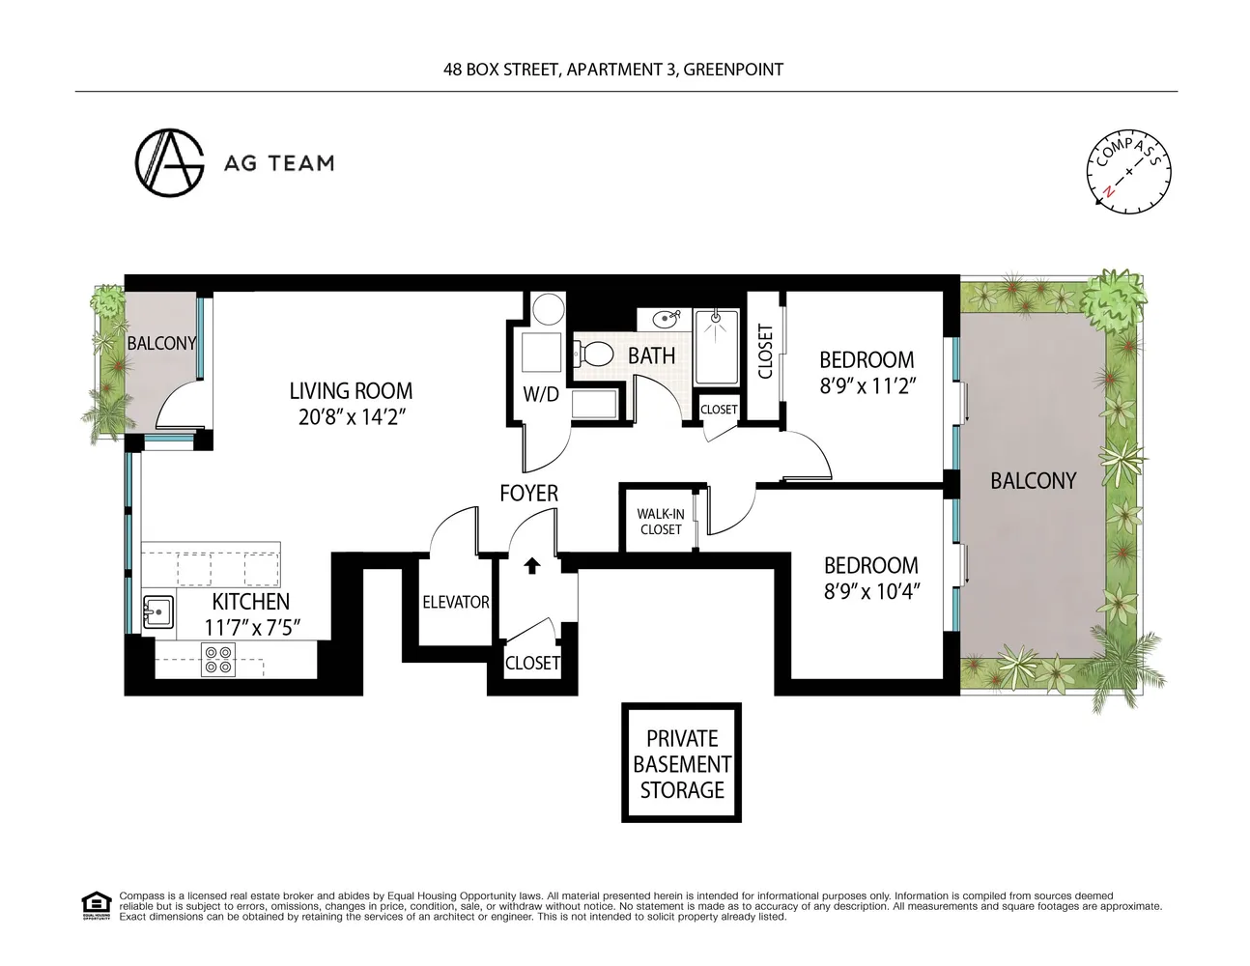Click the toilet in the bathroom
[x=593, y=354]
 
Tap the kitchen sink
[x=158, y=611]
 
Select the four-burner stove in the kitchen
[x=218, y=660]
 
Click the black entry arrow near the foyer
[x=532, y=566]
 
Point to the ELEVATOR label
[x=456, y=602]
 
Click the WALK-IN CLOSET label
[x=661, y=522]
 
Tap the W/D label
[x=541, y=394]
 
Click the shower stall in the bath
[x=716, y=347]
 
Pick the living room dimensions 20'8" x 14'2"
[x=352, y=417]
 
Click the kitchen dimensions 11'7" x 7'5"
[x=252, y=627]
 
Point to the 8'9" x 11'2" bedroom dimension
[x=867, y=385]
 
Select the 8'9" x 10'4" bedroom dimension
[x=872, y=591]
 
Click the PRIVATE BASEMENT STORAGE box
[x=682, y=762]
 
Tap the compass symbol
[x=1128, y=172]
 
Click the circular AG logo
[x=169, y=162]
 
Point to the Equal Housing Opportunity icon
[x=96, y=906]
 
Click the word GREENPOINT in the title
[x=733, y=70]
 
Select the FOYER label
[x=528, y=494]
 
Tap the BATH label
[x=651, y=355]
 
